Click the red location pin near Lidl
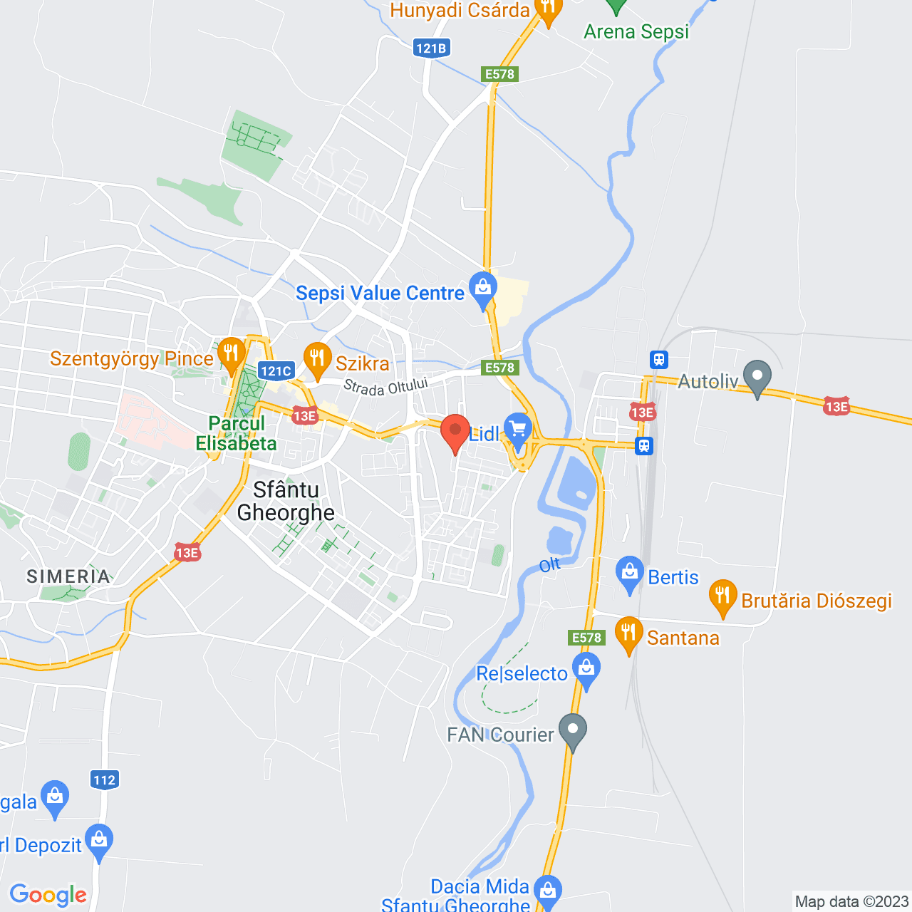click(455, 432)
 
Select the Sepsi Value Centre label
click(380, 293)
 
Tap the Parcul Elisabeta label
click(237, 433)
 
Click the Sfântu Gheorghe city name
click(286, 501)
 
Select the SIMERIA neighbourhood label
click(68, 576)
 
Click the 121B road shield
click(431, 48)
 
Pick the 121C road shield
click(276, 370)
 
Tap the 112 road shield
click(104, 779)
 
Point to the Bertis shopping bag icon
click(629, 572)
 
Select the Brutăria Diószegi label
click(817, 601)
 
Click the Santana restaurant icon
click(628, 633)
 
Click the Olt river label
click(549, 566)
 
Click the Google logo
click(48, 895)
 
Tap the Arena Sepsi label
click(636, 32)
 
